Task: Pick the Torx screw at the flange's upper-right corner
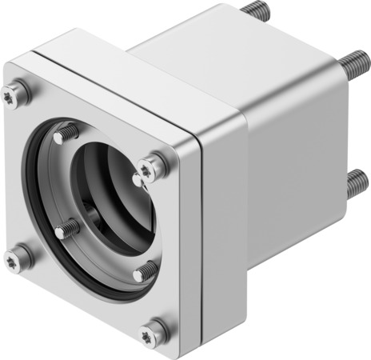click(x=148, y=167)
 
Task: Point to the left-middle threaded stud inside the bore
click(x=66, y=230)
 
